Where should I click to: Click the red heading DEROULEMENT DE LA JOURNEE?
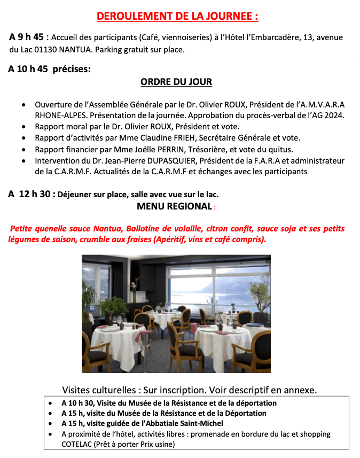(x=177, y=17)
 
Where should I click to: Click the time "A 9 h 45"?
(x=27, y=37)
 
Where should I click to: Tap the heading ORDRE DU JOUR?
(x=176, y=82)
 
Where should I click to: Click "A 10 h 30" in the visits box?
(x=78, y=402)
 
